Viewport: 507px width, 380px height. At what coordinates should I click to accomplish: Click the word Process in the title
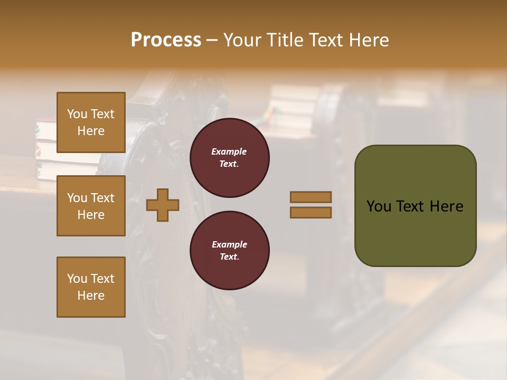pos(166,40)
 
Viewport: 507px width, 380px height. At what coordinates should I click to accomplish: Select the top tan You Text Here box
pos(91,122)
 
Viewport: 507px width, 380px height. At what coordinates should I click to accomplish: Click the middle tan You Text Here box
pos(91,206)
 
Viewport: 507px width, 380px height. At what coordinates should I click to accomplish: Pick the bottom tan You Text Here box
pos(91,287)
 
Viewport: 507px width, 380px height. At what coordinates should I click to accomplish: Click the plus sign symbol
pos(163,205)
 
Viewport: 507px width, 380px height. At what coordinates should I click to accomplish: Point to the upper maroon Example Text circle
pos(229,158)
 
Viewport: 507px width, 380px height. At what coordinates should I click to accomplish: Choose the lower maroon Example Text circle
pos(229,250)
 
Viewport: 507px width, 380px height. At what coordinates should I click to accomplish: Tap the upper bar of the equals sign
pos(311,197)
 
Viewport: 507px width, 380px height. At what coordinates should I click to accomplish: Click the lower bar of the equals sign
pos(311,212)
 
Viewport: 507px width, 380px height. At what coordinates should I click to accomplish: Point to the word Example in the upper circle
pos(229,151)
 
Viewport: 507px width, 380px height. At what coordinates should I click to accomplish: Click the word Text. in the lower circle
pos(229,256)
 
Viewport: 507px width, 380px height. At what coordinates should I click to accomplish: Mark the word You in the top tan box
pos(77,114)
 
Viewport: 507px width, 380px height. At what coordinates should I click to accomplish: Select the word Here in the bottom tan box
pos(91,296)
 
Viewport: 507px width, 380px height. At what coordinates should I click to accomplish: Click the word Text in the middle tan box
pos(102,198)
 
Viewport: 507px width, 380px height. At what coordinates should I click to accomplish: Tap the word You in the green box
pos(379,206)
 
